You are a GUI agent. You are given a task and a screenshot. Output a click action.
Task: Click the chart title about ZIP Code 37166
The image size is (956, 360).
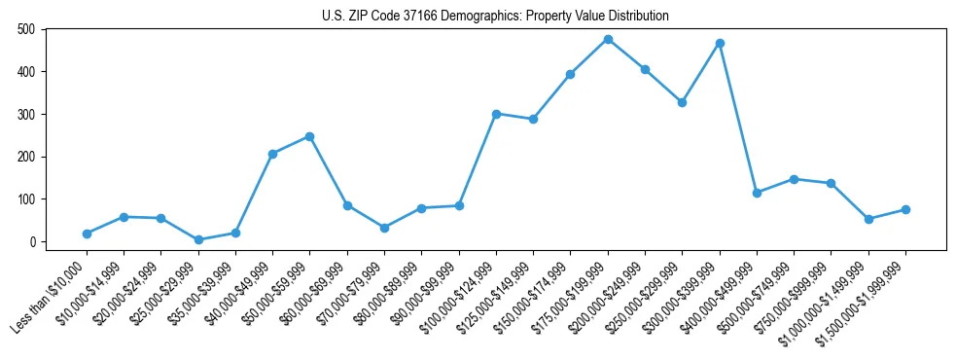[x=495, y=17]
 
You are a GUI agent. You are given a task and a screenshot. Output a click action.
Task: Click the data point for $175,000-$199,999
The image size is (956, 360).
[x=608, y=39]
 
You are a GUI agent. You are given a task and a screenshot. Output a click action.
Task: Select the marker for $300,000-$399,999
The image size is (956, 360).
[x=720, y=44]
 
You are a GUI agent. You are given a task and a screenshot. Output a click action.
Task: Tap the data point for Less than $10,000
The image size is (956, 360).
[x=87, y=234]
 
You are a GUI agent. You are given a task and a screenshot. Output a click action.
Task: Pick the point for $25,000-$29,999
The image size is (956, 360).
[x=198, y=239]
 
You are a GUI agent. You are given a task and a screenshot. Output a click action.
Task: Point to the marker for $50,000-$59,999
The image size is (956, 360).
[x=309, y=136]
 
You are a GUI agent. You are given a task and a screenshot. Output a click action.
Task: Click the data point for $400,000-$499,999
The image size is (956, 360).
[x=757, y=193]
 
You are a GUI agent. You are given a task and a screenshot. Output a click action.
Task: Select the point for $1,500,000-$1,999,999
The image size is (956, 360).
[x=905, y=209]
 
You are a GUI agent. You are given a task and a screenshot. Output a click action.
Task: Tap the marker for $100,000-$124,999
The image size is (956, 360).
[x=496, y=114]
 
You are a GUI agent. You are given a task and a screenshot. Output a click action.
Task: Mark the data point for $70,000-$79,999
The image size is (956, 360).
[x=384, y=228]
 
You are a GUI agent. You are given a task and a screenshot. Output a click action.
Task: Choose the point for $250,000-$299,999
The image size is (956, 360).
[x=682, y=102]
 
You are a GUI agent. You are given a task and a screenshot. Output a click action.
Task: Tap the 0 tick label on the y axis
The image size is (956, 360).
[x=32, y=241]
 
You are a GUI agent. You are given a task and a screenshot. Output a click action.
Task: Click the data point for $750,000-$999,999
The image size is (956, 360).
[x=831, y=183]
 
